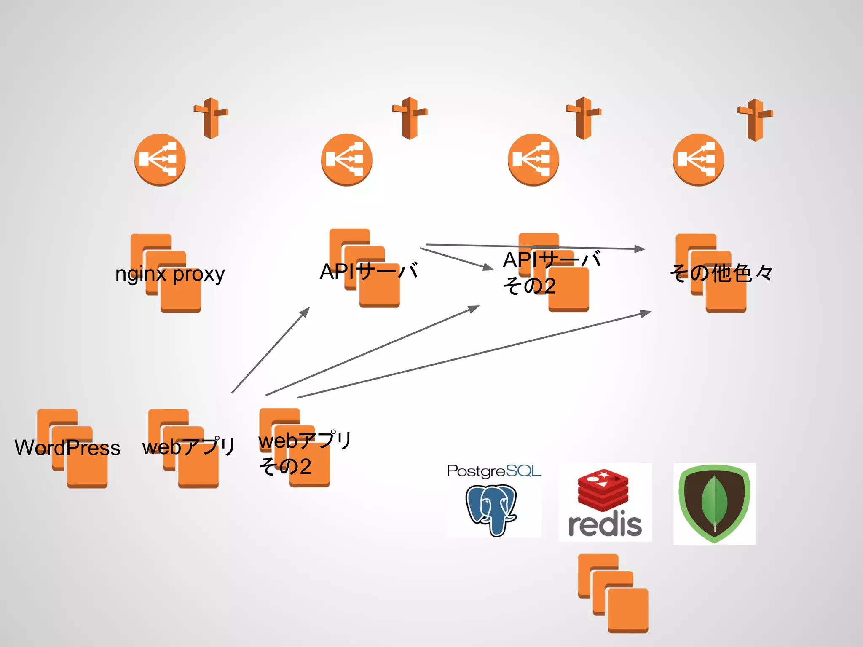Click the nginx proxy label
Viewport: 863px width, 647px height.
tap(170, 275)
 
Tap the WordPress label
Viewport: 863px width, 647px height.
tap(67, 447)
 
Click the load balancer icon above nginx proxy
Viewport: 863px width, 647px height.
tap(160, 160)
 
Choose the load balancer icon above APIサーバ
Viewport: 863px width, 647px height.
tap(346, 160)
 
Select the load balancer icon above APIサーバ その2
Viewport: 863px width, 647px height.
tap(533, 160)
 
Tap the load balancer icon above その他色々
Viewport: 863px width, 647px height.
tap(698, 160)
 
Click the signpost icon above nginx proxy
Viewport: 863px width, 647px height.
tap(211, 118)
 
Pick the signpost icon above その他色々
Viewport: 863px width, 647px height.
tap(755, 120)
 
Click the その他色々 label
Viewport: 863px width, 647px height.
tap(721, 273)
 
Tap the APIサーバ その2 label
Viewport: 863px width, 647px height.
tap(552, 273)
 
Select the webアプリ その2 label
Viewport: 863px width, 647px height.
tap(305, 453)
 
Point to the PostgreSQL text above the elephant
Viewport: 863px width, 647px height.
tap(494, 471)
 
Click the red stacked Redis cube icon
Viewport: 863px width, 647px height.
tap(603, 489)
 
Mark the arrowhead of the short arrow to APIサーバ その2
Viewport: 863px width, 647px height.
tap(489, 267)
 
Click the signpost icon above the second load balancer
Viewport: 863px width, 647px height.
tap(410, 118)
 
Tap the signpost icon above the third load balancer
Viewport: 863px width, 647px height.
tap(583, 118)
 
